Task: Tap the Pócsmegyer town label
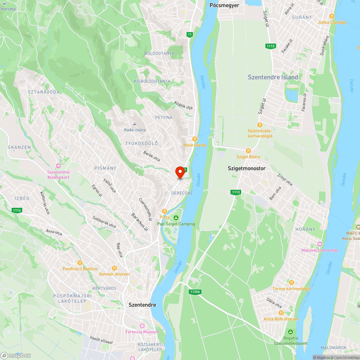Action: [224, 5]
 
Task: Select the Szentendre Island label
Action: [273, 77]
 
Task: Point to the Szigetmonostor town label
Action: [247, 168]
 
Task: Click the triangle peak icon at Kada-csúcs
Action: [135, 124]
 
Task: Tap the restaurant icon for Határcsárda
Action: [194, 139]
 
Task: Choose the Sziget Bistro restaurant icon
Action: [248, 151]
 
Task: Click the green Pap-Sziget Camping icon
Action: [176, 218]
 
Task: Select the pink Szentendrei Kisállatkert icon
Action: [58, 166]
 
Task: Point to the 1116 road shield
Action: [17, 210]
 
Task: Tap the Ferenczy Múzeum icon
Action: [142, 325]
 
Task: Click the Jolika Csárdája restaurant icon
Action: [332, 16]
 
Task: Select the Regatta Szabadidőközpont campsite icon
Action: [290, 332]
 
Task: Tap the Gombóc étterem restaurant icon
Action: [114, 268]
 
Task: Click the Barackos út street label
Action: [140, 222]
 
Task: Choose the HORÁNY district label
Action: [305, 229]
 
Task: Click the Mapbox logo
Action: [16, 355]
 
